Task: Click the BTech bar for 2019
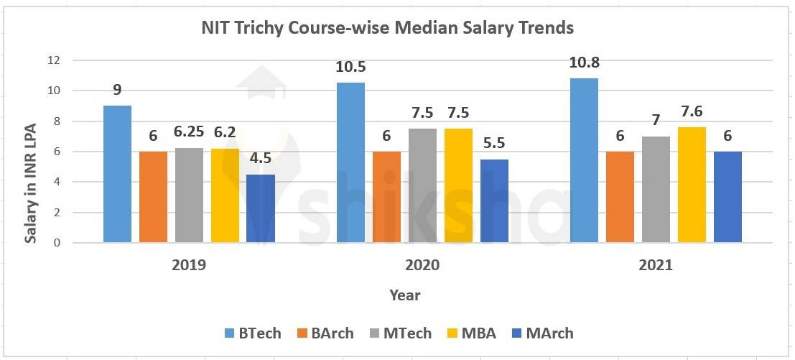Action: [x=117, y=175]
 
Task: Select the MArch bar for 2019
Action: [x=261, y=208]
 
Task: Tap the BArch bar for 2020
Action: [x=386, y=198]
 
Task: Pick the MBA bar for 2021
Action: [x=692, y=185]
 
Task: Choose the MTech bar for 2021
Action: [x=656, y=190]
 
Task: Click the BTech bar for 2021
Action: [x=584, y=160]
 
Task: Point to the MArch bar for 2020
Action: [x=494, y=201]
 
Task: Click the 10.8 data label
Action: [x=584, y=63]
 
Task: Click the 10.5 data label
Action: [x=350, y=68]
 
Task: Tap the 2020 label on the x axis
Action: [x=422, y=264]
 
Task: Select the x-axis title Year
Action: [x=405, y=295]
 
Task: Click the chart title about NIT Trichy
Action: [x=386, y=28]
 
